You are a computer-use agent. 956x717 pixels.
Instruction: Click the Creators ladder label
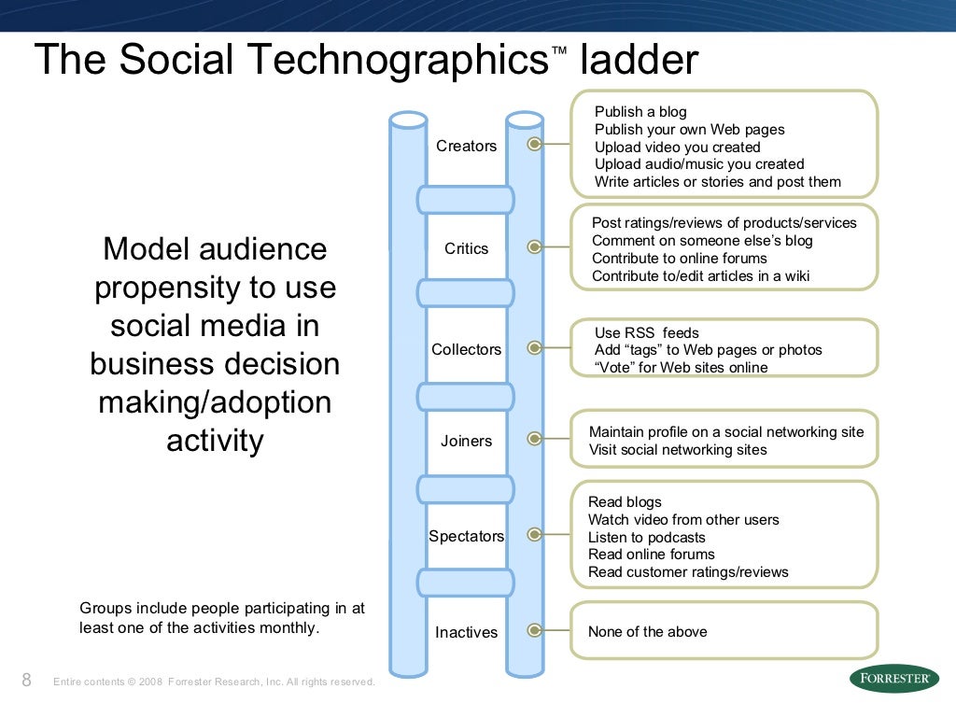pos(466,146)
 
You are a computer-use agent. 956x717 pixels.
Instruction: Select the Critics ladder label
pos(466,248)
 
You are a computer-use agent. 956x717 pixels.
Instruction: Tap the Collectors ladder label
pos(466,349)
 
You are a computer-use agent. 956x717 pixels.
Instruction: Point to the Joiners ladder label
pos(466,441)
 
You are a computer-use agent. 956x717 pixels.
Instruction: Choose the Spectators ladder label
pos(466,536)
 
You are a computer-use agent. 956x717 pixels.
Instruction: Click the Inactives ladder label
pos(466,632)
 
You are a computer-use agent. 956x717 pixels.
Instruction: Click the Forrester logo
pos(893,679)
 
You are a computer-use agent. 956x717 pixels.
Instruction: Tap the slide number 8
pos(26,680)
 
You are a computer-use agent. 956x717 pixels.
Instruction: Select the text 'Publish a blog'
pos(640,112)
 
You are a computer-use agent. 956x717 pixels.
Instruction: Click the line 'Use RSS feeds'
pos(646,332)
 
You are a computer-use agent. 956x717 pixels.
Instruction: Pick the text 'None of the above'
pos(647,632)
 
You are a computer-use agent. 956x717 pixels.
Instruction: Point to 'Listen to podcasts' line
pos(646,537)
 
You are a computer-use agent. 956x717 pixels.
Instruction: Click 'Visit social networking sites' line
pos(678,450)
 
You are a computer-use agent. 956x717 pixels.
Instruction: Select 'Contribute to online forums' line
pos(679,259)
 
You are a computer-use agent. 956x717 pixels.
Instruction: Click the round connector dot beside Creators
pos(534,145)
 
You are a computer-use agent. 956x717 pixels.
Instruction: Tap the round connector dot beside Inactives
pos(534,631)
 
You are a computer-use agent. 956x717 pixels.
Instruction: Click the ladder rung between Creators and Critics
pos(465,199)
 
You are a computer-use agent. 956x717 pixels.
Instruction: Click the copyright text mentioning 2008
pos(214,682)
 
